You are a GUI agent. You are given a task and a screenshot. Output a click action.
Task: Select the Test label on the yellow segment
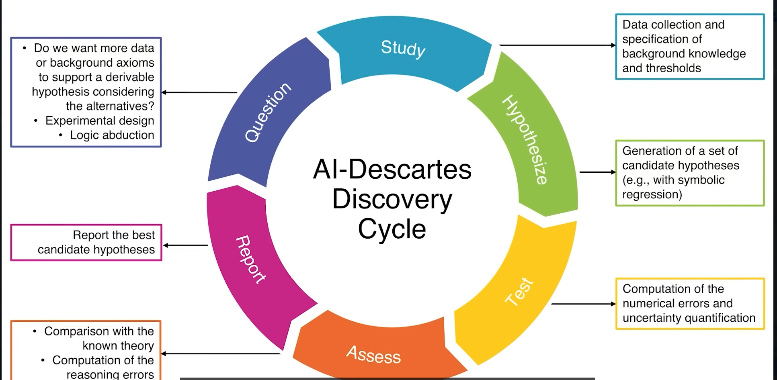[519, 292]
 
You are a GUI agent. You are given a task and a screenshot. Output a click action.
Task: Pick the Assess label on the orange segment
[373, 355]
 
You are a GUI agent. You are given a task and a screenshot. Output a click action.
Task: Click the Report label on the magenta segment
[250, 259]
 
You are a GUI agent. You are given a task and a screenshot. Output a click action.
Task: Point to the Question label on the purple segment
[268, 112]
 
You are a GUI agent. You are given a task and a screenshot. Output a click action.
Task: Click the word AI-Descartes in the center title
[392, 169]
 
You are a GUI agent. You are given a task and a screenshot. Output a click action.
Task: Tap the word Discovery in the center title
[392, 199]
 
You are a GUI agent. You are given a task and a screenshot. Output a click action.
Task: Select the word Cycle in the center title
[392, 229]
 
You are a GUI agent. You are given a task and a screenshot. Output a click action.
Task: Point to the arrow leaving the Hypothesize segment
[597, 172]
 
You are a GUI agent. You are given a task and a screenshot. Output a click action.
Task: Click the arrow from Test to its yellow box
[583, 304]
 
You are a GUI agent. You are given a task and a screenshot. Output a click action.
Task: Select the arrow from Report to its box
[186, 245]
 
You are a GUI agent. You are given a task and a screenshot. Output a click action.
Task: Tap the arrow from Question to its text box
[199, 92]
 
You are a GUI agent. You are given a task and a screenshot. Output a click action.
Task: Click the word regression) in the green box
[652, 194]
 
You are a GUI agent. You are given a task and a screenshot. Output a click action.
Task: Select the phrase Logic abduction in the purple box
[112, 135]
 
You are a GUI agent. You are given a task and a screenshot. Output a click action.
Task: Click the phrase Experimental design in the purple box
[100, 121]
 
